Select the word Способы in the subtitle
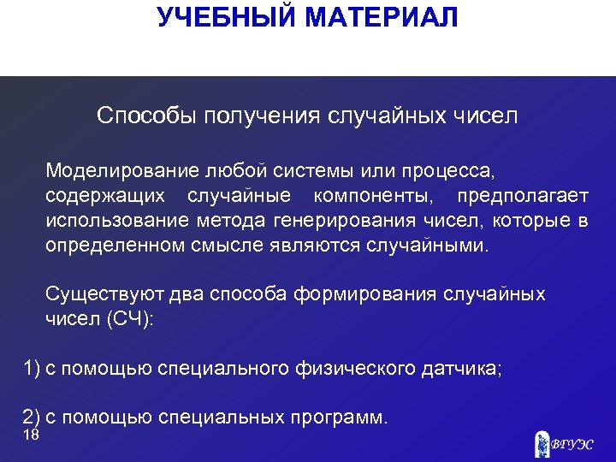[146, 115]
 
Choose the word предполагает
[523, 197]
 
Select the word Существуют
[105, 295]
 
